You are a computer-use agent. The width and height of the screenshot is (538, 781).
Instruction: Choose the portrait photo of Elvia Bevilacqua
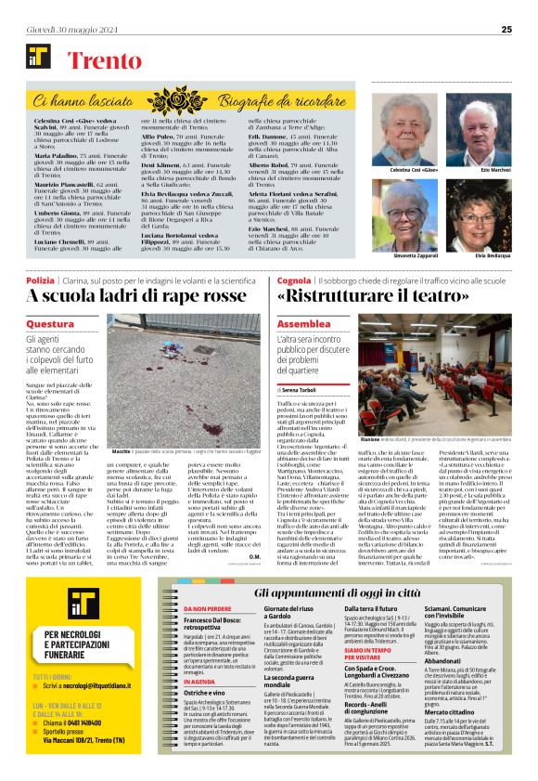pyautogui.click(x=473, y=213)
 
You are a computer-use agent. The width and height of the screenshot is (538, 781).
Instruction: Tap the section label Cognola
pyautogui.click(x=294, y=279)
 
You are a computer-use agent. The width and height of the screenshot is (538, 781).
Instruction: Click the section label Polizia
pyautogui.click(x=41, y=279)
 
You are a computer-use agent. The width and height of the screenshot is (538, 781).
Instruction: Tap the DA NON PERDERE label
pyautogui.click(x=183, y=608)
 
